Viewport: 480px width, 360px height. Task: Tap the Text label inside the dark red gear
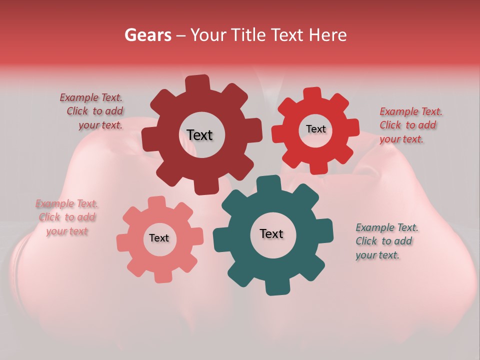pos(199,135)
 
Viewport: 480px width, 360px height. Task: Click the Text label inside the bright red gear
pos(315,129)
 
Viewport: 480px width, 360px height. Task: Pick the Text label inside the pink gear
pos(159,238)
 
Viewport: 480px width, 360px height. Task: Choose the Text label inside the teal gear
pos(271,233)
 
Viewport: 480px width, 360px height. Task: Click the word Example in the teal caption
pos(375,228)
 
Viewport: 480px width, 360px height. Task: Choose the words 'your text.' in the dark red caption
pos(100,125)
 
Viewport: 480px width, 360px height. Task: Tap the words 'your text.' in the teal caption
pos(377,255)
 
